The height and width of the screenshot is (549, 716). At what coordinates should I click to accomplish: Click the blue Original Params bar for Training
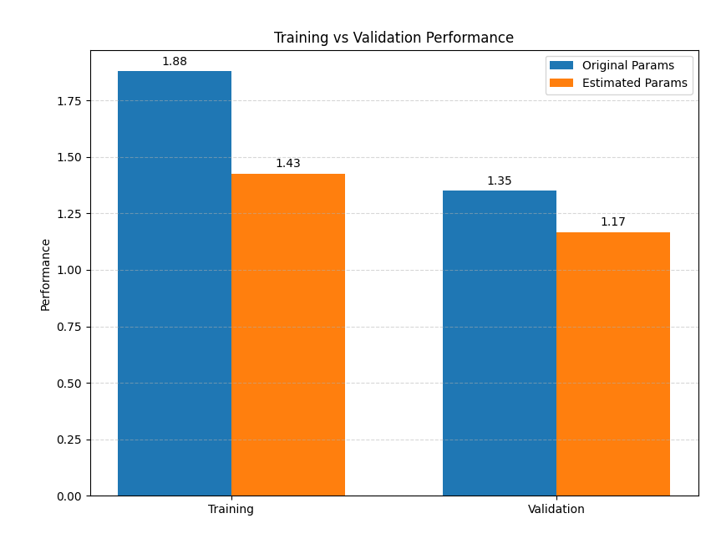[x=175, y=283]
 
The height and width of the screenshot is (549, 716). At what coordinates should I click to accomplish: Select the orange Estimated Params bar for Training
[x=288, y=334]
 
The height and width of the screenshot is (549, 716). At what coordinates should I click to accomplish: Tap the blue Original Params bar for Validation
[x=500, y=343]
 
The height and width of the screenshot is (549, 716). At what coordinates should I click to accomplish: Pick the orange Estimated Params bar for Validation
[x=613, y=363]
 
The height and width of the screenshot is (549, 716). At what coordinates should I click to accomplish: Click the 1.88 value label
[x=175, y=62]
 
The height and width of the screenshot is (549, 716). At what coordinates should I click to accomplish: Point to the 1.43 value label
[x=288, y=164]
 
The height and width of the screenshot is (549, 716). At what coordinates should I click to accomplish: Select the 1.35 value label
[x=500, y=181]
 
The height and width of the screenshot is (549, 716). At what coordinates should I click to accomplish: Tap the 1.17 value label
[x=613, y=222]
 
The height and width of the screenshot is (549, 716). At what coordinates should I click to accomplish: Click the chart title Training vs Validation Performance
[x=394, y=38]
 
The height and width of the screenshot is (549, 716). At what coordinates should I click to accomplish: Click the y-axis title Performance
[x=46, y=274]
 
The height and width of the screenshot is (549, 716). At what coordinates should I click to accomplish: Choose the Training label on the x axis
[x=231, y=509]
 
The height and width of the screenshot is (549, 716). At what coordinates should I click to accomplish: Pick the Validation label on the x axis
[x=556, y=509]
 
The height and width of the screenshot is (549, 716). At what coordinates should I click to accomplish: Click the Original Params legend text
[x=627, y=66]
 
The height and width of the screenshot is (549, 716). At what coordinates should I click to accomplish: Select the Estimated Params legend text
[x=634, y=84]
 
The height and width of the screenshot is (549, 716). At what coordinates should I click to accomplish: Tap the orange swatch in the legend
[x=561, y=84]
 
